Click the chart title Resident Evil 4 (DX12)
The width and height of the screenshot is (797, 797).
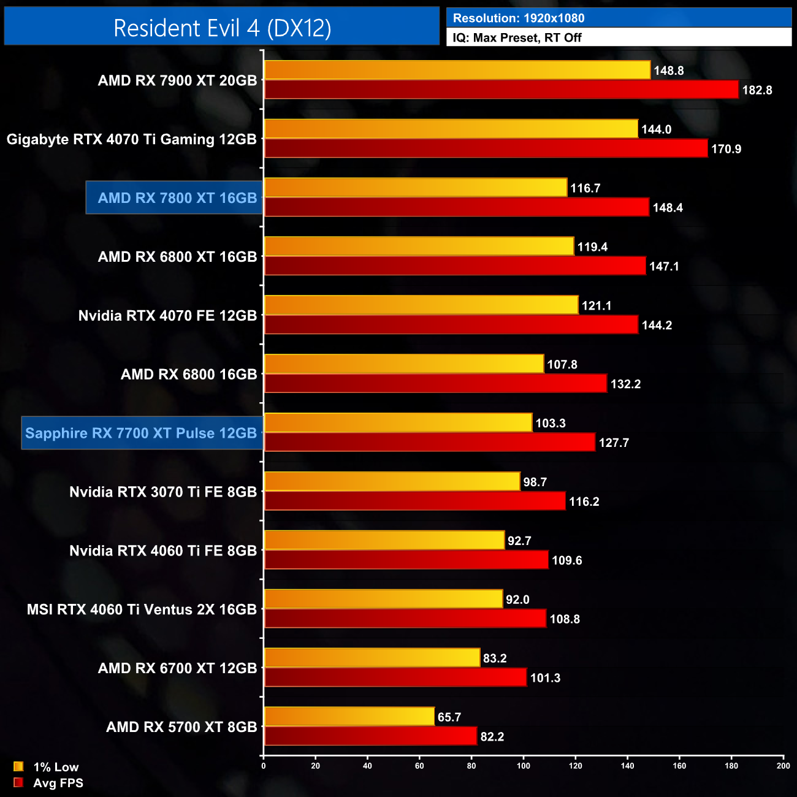[222, 28]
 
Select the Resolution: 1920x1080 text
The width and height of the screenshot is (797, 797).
[519, 18]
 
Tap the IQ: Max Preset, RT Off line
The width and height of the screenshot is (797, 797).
[517, 37]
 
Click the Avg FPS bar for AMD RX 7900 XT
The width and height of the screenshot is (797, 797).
[501, 90]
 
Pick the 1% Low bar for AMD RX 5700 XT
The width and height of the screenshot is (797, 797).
[349, 717]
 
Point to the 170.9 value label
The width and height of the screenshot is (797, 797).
[726, 149]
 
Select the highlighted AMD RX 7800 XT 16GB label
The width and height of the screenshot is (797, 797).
[177, 198]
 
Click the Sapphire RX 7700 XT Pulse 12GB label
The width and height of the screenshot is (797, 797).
[141, 433]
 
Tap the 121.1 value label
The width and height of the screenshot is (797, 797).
[597, 306]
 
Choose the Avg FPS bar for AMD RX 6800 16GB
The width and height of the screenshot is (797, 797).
[435, 384]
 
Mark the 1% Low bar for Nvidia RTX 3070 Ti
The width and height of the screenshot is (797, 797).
[392, 481]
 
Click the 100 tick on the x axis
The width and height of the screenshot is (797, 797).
[524, 766]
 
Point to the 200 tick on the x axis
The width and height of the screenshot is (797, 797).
[783, 766]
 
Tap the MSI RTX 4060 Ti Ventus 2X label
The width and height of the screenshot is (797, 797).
[142, 609]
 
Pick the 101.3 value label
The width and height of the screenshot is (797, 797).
[545, 678]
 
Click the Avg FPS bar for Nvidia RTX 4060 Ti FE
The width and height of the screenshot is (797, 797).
[406, 560]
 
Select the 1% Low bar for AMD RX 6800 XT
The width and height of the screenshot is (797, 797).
[419, 246]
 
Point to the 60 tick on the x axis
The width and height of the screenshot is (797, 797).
[419, 766]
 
